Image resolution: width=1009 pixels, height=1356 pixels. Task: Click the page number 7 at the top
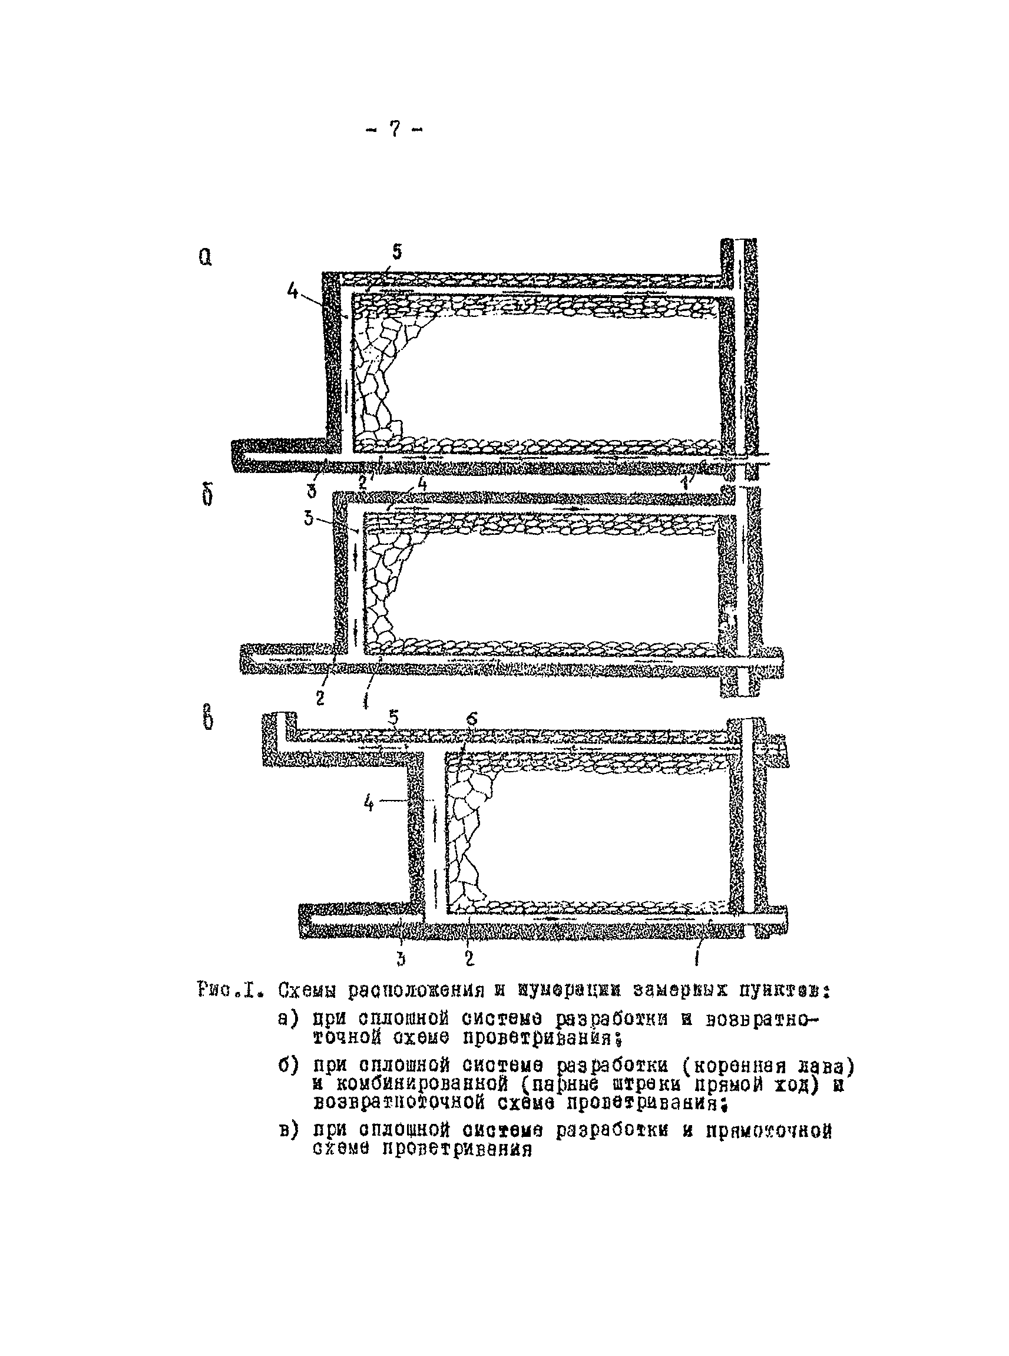coord(395,129)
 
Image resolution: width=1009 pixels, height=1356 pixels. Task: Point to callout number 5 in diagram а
coord(397,252)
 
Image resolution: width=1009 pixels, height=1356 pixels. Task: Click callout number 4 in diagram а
coord(293,292)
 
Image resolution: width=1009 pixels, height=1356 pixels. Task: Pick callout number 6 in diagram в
coord(472,720)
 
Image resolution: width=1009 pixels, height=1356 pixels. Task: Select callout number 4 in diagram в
coord(368,803)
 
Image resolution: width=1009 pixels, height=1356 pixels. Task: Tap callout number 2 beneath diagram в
coord(469,959)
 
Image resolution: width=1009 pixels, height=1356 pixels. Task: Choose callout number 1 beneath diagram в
coord(697,959)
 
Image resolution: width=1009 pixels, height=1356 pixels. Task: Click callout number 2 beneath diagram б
coord(320,697)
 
